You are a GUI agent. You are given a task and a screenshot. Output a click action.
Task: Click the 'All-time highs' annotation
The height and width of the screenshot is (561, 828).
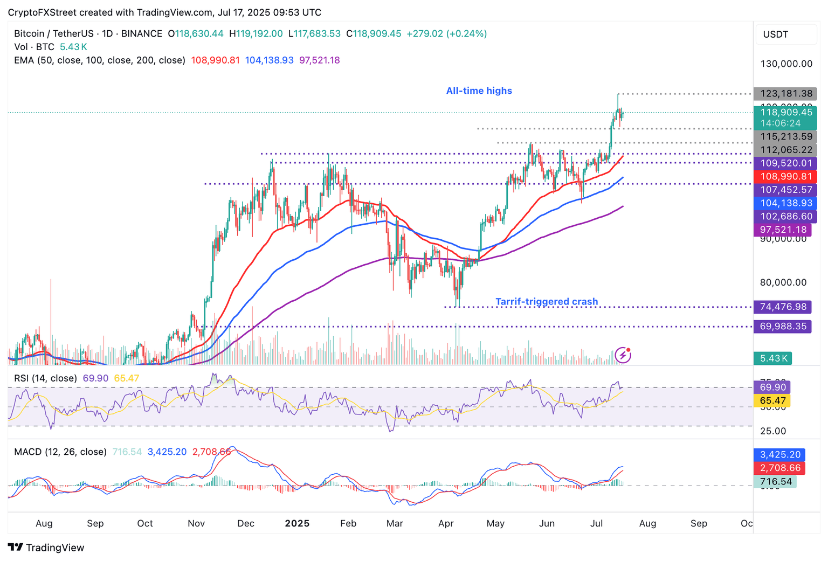tap(479, 91)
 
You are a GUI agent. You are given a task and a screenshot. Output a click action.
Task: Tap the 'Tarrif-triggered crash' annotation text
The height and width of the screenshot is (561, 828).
tap(547, 302)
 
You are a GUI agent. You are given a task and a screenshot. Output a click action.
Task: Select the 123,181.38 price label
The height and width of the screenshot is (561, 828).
tap(785, 94)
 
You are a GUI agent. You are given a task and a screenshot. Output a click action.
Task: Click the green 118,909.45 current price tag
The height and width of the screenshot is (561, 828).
tap(786, 113)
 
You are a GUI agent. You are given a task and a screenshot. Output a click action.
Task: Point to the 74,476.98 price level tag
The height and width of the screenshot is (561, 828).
tap(783, 307)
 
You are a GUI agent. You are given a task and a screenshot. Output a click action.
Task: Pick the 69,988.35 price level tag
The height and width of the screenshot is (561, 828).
tap(783, 327)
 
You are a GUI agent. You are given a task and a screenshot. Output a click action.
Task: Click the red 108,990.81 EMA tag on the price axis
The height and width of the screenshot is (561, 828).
tap(785, 177)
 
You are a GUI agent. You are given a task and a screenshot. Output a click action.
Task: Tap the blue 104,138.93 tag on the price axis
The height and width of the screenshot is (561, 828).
tap(785, 203)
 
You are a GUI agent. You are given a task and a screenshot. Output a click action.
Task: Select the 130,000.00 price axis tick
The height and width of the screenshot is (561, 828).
tap(786, 64)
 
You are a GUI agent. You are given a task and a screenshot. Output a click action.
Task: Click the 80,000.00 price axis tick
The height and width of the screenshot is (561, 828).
tap(783, 282)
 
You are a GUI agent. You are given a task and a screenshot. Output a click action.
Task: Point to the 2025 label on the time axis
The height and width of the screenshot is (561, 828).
tap(297, 523)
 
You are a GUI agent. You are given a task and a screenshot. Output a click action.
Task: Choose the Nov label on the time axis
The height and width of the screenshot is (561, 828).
tap(196, 523)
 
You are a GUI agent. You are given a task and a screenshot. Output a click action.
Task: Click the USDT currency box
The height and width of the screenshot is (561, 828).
tap(786, 34)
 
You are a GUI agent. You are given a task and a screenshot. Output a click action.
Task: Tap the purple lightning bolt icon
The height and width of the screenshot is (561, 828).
tap(623, 355)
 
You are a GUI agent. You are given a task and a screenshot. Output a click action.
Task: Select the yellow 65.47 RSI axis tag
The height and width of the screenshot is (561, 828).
tap(772, 400)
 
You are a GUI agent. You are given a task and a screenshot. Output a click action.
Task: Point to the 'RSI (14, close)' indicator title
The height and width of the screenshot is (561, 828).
tap(45, 378)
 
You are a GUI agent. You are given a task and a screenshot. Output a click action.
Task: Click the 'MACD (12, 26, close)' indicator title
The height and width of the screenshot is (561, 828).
tap(60, 452)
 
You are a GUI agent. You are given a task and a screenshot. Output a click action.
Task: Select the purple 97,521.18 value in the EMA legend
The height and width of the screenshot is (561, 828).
tap(319, 60)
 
